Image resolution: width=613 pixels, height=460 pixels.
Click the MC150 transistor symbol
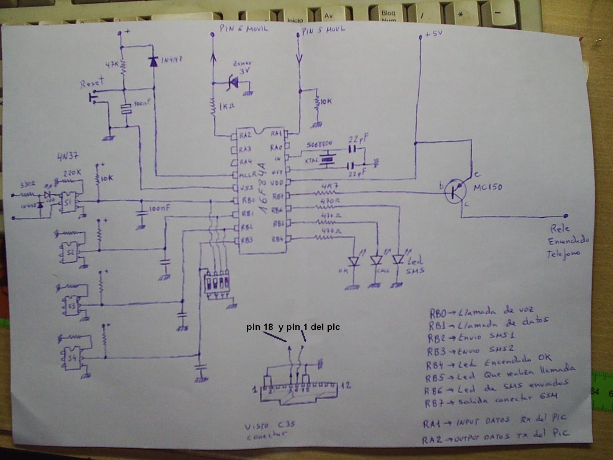click(456, 191)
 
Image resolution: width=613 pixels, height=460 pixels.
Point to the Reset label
click(92, 82)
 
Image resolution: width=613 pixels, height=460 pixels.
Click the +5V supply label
click(433, 34)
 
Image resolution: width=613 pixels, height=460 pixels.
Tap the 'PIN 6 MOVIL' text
click(244, 28)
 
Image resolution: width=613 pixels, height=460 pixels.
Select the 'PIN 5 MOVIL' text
click(323, 30)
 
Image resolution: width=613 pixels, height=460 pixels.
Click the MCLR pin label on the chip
click(248, 175)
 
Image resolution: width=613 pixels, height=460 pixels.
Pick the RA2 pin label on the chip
click(245, 135)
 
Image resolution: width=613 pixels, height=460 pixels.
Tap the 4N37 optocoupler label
click(68, 156)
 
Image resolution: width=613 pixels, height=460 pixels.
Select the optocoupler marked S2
click(70, 252)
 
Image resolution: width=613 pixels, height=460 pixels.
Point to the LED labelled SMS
click(398, 260)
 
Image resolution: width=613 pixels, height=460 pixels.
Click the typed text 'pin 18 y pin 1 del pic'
click(293, 327)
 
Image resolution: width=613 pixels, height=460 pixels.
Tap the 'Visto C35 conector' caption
click(270, 430)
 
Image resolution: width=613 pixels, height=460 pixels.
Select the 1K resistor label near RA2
click(227, 105)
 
